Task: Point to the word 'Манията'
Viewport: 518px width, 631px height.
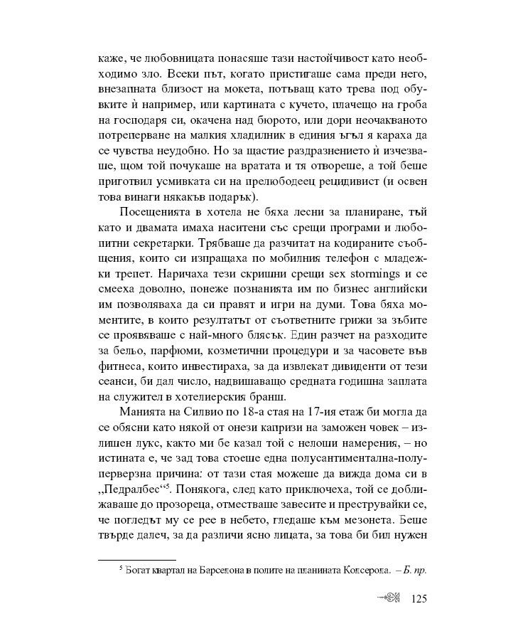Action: tap(144, 414)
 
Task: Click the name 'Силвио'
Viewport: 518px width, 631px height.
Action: tap(195, 414)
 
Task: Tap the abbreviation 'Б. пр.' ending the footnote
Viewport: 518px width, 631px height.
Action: tap(414, 570)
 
